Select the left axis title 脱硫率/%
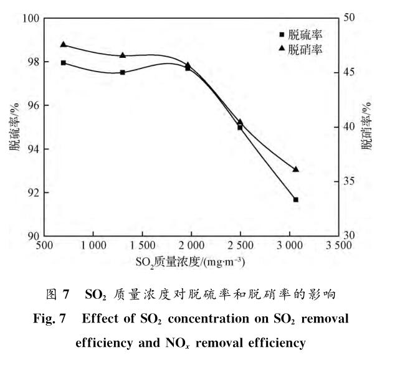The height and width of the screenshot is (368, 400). click(14, 128)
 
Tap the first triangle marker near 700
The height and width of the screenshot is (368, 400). click(64, 44)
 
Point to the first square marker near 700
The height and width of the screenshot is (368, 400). click(64, 63)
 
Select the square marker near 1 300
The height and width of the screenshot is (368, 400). click(123, 72)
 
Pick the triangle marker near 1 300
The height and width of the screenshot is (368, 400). click(123, 55)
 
